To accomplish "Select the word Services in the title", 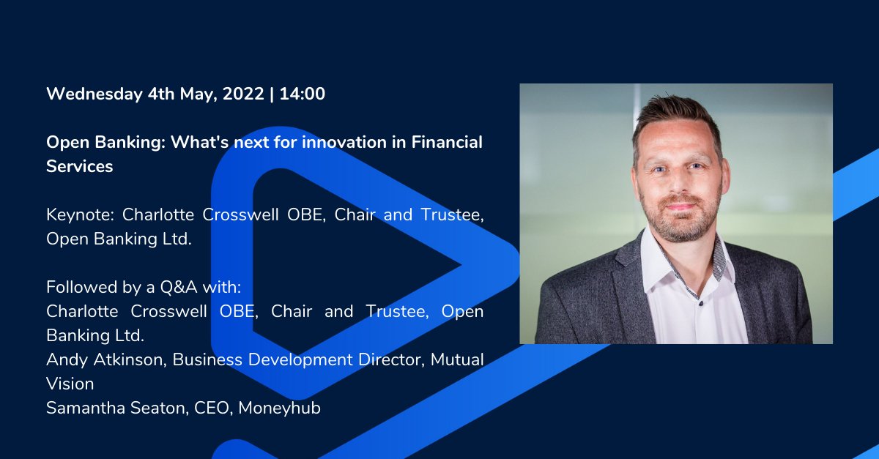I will [79, 166].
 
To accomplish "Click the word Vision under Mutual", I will [70, 384].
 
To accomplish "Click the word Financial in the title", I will [446, 142].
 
